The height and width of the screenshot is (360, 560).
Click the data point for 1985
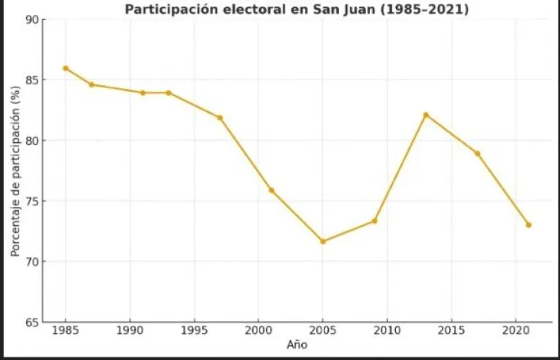[x=66, y=68]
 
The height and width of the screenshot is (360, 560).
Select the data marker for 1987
[x=92, y=85]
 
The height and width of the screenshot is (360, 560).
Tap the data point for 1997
[x=219, y=117]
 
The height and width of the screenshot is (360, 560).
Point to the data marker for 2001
[x=271, y=190]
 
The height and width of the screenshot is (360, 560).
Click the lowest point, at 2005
[x=323, y=241]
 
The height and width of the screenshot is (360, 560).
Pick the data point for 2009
[x=374, y=221]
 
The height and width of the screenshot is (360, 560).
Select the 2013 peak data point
[x=426, y=114]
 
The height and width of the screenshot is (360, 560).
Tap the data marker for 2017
[x=477, y=153]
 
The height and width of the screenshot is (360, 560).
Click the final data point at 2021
[x=529, y=224]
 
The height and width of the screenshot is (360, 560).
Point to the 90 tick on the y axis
[x=31, y=20]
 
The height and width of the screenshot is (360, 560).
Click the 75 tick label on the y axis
[x=31, y=201]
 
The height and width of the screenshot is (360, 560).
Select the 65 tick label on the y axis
[x=31, y=322]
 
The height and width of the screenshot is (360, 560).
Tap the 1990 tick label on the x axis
[x=130, y=332]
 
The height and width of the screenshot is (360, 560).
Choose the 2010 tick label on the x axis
[x=386, y=332]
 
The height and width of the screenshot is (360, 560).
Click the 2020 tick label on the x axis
[x=515, y=332]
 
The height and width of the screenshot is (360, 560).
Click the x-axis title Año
[x=297, y=345]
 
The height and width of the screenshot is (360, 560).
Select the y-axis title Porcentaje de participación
[x=15, y=171]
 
